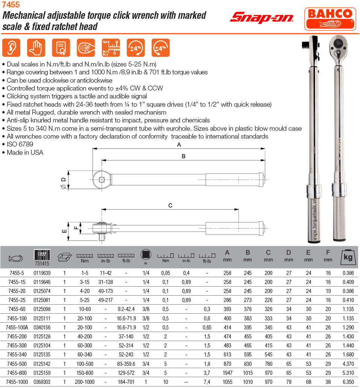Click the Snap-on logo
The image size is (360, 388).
262,17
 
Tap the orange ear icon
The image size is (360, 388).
11,48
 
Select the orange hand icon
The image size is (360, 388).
36,48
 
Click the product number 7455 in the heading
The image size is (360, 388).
11,5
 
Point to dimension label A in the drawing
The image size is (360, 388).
179,145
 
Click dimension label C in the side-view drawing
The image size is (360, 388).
170,205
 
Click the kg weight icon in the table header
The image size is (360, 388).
348,257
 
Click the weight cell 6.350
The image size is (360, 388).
348,382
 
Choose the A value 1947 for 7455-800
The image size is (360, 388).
227,373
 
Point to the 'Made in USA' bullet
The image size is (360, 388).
25,152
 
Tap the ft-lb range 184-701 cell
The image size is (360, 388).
126,382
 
